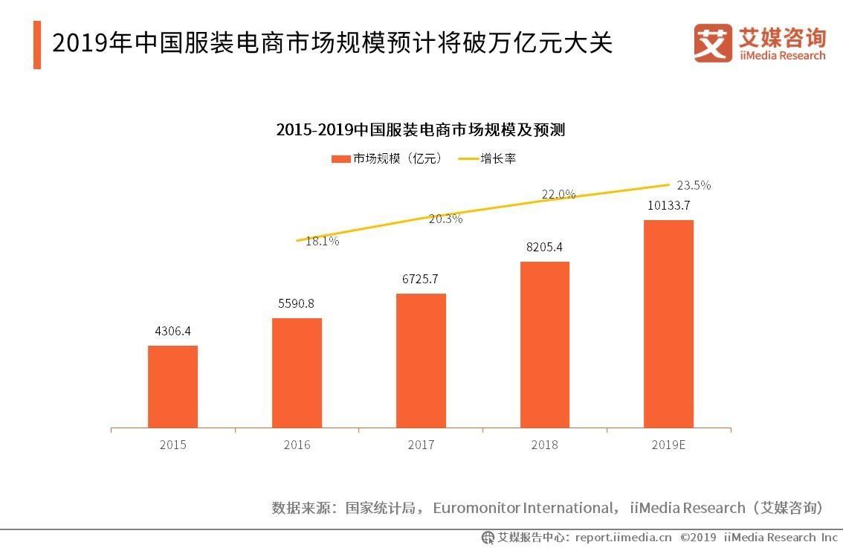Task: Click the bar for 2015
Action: (172, 387)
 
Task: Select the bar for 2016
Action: (297, 373)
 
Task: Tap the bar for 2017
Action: (421, 361)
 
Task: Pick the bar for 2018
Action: (544, 345)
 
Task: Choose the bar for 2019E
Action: (668, 324)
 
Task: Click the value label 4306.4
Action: (172, 331)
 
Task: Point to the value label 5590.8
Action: (297, 303)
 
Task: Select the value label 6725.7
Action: (421, 279)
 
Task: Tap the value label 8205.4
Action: (544, 247)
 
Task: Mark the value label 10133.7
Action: (668, 205)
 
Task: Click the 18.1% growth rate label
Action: (322, 241)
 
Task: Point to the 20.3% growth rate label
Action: (445, 219)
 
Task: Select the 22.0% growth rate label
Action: (558, 194)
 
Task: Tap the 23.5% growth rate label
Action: (694, 185)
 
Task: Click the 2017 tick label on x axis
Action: (421, 445)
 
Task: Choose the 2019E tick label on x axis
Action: (668, 445)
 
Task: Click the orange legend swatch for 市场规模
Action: (340, 158)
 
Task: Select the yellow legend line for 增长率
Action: (467, 158)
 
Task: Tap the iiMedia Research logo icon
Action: (713, 43)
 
